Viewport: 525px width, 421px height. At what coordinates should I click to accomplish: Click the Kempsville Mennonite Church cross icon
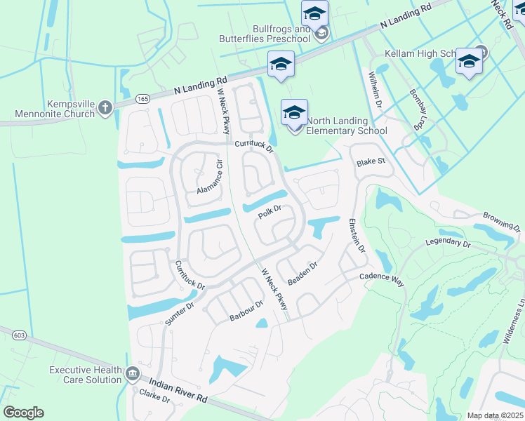point(105,108)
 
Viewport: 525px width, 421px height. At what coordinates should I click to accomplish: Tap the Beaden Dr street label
point(303,273)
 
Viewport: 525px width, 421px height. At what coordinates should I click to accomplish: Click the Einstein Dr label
point(357,235)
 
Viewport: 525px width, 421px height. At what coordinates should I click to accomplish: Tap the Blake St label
point(371,161)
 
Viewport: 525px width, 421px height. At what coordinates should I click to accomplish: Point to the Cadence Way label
point(383,279)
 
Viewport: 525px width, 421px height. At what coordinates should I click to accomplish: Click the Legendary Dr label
point(447,243)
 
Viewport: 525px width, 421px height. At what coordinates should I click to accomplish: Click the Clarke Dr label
point(156,397)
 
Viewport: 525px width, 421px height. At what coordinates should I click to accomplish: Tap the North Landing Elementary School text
point(347,126)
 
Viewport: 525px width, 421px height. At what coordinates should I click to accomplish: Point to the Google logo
point(23,413)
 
